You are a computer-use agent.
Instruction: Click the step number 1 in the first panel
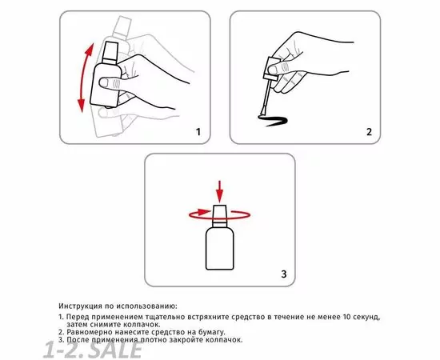coord(198,132)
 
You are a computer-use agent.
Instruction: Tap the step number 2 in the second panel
coord(370,132)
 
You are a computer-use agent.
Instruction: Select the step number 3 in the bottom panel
coord(284,274)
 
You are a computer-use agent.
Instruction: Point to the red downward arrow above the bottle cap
coord(220,191)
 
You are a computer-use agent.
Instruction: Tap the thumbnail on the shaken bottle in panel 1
coord(104,82)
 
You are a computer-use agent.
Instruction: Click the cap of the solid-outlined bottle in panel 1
coord(110,53)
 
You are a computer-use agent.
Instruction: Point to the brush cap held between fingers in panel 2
coord(271,68)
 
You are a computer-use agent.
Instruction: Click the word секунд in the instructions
coord(366,318)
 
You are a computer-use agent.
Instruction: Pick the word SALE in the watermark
coord(117,350)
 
